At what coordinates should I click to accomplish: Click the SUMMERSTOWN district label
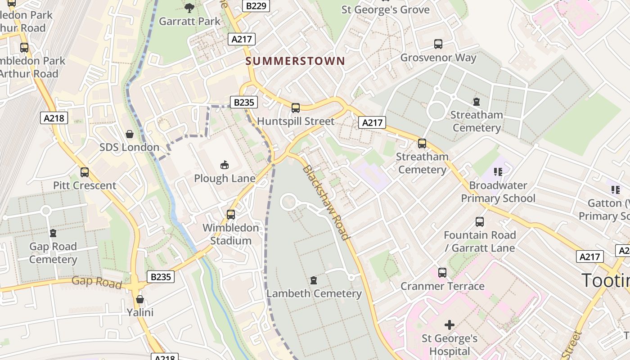point(295,61)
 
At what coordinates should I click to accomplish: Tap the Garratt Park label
point(190,21)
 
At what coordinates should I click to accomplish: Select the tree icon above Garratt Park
point(189,8)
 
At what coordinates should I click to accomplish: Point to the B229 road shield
point(256,6)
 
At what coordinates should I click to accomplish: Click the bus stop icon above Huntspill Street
point(296,108)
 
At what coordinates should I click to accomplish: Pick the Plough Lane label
point(225,179)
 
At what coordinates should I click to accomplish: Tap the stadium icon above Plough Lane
point(225,165)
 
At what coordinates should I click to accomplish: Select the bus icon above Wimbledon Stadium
point(231,215)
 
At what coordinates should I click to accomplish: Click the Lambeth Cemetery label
point(314,294)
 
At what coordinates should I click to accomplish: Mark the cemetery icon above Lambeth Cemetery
point(314,280)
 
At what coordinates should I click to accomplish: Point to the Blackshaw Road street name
point(325,202)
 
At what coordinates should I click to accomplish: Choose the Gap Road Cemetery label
point(53,253)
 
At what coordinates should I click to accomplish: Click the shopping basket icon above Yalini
point(140,299)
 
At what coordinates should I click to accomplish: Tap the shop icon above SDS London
point(130,134)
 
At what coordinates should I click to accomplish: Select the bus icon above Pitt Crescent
point(85,172)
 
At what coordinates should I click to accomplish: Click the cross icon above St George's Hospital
point(449,325)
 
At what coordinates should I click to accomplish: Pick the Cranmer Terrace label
point(442,286)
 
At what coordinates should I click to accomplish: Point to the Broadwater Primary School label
point(498,192)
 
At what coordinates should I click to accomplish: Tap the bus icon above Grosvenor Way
point(438,44)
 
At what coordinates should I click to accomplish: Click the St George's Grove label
point(385,10)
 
